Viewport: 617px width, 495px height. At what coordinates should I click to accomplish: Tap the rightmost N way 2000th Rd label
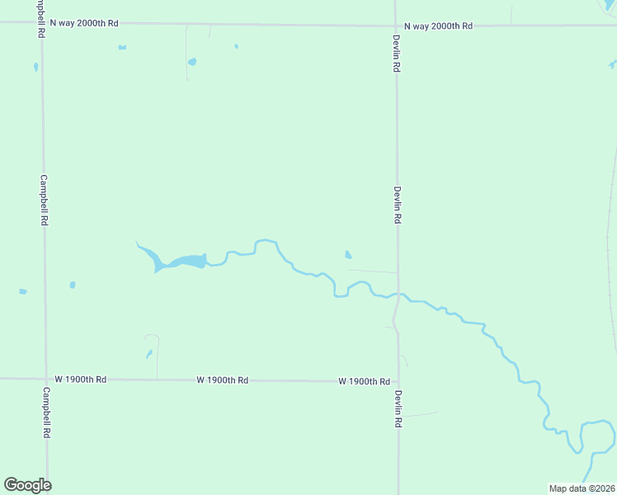438,26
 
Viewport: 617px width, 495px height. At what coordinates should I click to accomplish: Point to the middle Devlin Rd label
397,205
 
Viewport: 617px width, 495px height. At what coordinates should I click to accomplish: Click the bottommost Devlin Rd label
398,408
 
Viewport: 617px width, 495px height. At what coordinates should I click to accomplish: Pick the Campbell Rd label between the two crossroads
44,200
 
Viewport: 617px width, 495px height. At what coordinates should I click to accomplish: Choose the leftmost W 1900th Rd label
81,379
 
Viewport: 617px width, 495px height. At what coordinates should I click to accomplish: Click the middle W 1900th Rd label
223,380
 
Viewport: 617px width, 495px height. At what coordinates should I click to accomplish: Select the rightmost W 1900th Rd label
364,381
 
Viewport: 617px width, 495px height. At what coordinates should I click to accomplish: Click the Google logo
28,484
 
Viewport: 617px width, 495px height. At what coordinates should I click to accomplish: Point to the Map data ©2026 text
582,488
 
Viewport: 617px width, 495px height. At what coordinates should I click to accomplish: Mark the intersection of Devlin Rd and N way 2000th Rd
396,25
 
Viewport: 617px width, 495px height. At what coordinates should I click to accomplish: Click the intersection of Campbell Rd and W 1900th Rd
45,379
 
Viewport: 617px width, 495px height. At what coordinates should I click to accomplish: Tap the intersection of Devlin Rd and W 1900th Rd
398,382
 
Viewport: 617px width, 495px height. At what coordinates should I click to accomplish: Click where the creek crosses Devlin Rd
398,294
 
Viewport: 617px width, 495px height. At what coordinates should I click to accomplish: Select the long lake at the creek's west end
183,262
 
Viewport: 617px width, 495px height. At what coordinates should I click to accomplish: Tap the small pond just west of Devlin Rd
348,254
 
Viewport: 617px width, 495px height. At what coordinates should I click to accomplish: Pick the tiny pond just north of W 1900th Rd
148,354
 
